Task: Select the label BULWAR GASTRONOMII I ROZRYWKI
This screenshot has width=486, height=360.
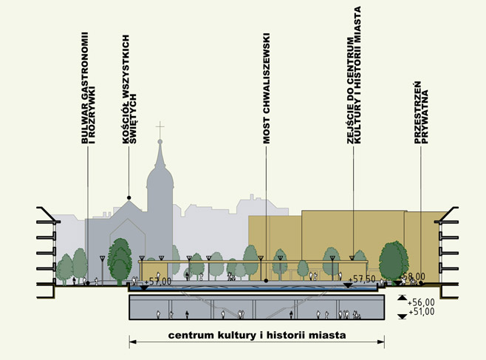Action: pyautogui.click(x=89, y=87)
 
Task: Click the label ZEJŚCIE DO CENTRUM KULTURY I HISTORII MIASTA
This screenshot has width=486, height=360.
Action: pyautogui.click(x=356, y=74)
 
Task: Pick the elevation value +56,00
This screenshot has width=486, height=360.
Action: pyautogui.click(x=420, y=302)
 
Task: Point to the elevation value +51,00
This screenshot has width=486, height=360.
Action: pyautogui.click(x=420, y=313)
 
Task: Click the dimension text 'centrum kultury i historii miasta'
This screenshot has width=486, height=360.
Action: pyautogui.click(x=257, y=335)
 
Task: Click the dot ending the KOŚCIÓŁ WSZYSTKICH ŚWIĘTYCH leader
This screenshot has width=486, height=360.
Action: pyautogui.click(x=130, y=197)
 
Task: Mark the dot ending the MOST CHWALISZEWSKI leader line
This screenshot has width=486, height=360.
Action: pyautogui.click(x=265, y=282)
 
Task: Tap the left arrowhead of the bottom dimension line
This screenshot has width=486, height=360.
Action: pyautogui.click(x=133, y=342)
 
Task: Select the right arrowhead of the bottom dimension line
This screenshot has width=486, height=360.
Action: pyautogui.click(x=383, y=342)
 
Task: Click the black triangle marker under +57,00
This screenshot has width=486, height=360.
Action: pyautogui.click(x=143, y=287)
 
